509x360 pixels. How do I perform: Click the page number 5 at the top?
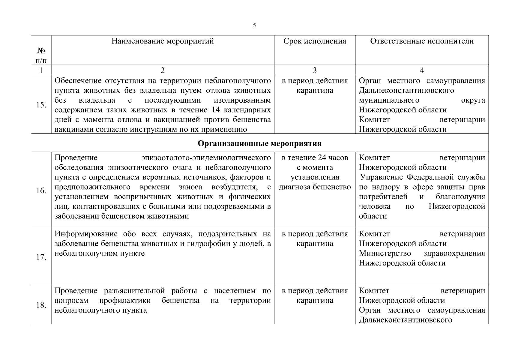pos(254,25)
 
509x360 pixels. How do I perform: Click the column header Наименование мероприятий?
pos(163,41)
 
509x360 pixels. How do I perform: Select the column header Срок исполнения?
pos(315,41)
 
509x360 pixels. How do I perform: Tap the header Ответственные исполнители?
pos(422,41)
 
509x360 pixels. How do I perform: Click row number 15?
pos(41,105)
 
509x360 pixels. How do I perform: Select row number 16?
pos(41,191)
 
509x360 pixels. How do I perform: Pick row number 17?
pos(41,257)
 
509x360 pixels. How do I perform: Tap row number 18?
pos(41,305)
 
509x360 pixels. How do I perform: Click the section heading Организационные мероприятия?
pos(259,143)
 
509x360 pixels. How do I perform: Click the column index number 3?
pos(315,70)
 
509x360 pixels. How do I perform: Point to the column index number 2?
pos(163,70)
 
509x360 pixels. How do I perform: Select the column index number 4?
pos(422,70)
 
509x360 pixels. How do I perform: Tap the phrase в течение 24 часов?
pos(315,158)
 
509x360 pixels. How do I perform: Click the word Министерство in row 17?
pos(385,253)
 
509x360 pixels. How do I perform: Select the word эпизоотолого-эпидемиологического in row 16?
pos(206,158)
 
